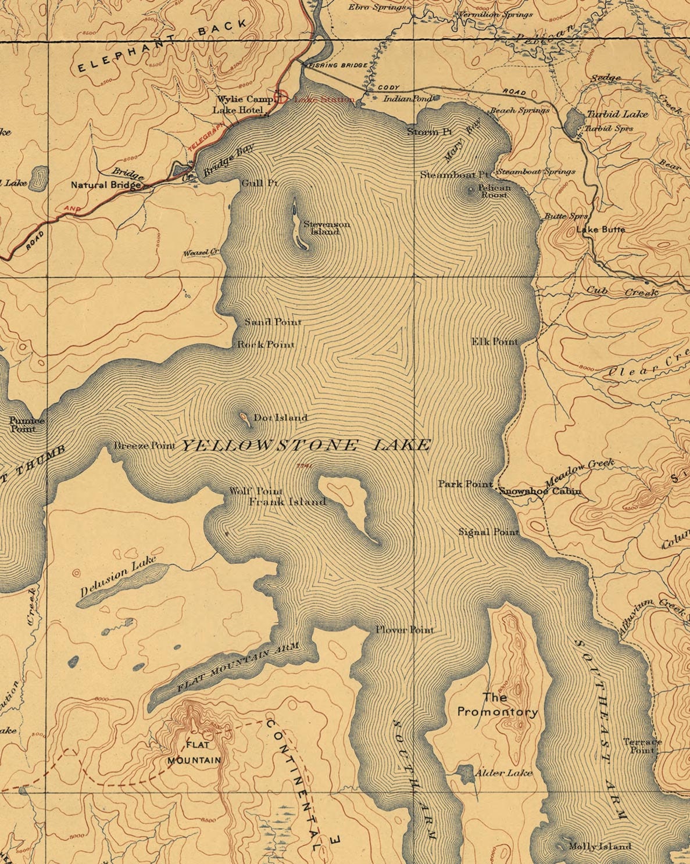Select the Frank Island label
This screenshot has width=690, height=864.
(287, 501)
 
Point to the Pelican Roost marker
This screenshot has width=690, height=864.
(470, 189)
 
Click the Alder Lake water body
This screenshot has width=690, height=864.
(466, 773)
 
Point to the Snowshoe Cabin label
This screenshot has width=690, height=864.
(540, 492)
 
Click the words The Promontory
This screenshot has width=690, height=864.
(497, 704)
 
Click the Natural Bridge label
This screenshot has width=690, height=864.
(106, 185)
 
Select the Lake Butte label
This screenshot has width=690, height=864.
(600, 230)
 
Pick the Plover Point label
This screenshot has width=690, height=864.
(405, 630)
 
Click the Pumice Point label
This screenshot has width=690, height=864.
(23, 425)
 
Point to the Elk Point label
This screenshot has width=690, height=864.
(494, 342)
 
